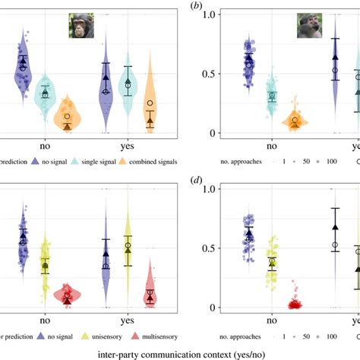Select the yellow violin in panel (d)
(270, 262)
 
